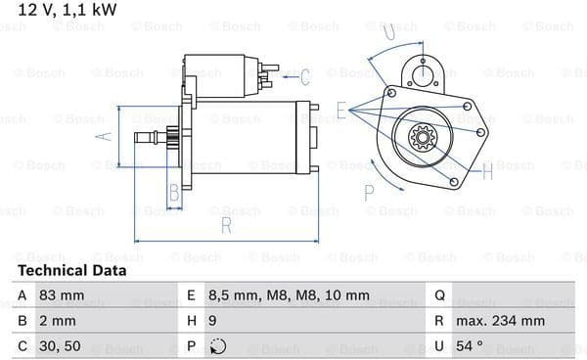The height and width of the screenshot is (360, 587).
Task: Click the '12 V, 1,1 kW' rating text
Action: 68,10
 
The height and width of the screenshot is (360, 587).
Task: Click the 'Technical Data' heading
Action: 72,271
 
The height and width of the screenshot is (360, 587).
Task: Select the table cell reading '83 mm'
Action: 62,295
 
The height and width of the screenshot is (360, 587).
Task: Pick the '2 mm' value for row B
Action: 58,321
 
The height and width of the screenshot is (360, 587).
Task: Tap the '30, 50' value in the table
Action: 60,346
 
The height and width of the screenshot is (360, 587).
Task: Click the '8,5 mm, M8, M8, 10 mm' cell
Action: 289,296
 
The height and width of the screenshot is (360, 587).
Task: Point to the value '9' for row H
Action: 212,321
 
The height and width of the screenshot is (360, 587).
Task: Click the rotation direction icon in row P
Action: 217,346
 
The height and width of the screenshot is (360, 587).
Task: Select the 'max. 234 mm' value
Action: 501,321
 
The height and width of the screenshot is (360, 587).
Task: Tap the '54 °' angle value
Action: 470,345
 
